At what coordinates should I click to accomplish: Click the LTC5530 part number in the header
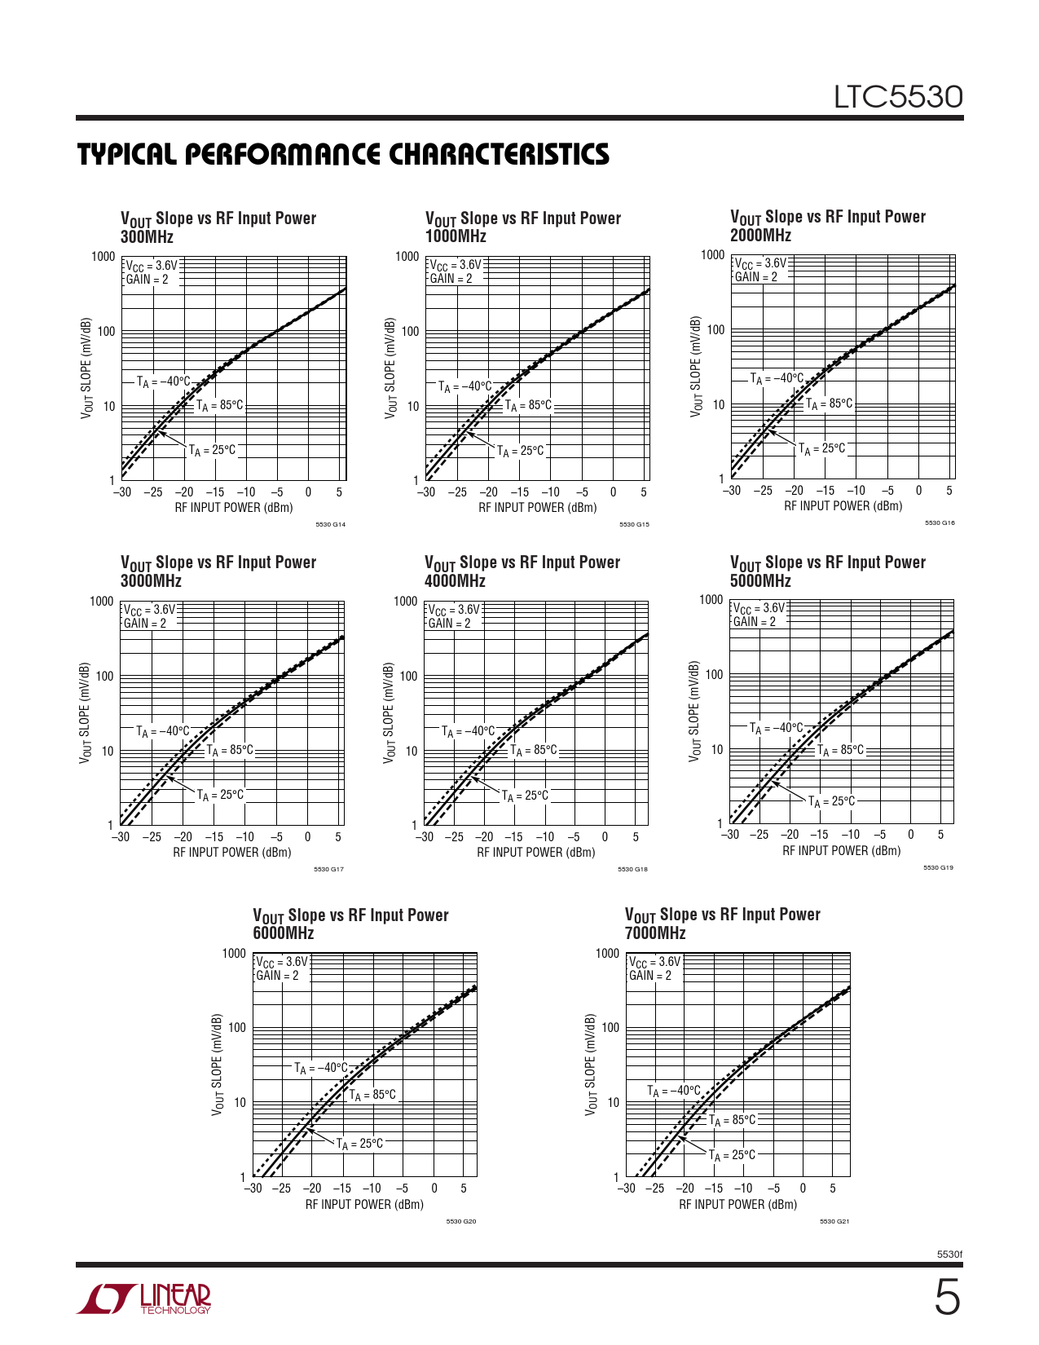[898, 98]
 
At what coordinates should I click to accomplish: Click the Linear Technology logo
[144, 1299]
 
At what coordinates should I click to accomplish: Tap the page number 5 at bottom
[946, 1298]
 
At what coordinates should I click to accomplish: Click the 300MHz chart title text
[147, 237]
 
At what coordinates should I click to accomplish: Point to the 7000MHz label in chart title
[655, 933]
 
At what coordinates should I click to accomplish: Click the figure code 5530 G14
[330, 524]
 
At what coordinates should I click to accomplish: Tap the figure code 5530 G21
[834, 1221]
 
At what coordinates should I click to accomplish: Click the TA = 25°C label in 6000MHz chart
[359, 1144]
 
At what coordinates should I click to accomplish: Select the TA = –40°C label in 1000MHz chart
[464, 386]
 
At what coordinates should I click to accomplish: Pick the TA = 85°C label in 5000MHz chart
[840, 750]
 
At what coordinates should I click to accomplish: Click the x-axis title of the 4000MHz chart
[535, 853]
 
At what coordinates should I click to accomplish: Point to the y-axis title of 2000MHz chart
[696, 367]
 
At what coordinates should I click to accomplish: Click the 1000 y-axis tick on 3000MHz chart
[102, 602]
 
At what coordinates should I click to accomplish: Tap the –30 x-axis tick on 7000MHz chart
[626, 1188]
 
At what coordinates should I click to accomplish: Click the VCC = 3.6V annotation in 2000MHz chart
[760, 263]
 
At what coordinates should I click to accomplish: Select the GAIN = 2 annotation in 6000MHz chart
[277, 976]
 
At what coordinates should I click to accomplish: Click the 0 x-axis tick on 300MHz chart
[308, 492]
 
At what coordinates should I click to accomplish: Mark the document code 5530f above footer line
[949, 1254]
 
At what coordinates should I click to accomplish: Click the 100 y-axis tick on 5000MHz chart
[714, 675]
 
